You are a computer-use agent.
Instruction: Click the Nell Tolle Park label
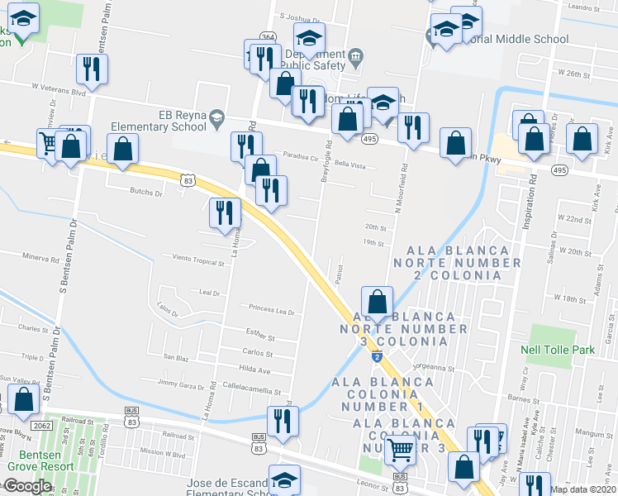558,350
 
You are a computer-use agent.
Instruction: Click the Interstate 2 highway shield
377,356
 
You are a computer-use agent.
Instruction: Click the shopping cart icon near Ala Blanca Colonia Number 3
400,450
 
